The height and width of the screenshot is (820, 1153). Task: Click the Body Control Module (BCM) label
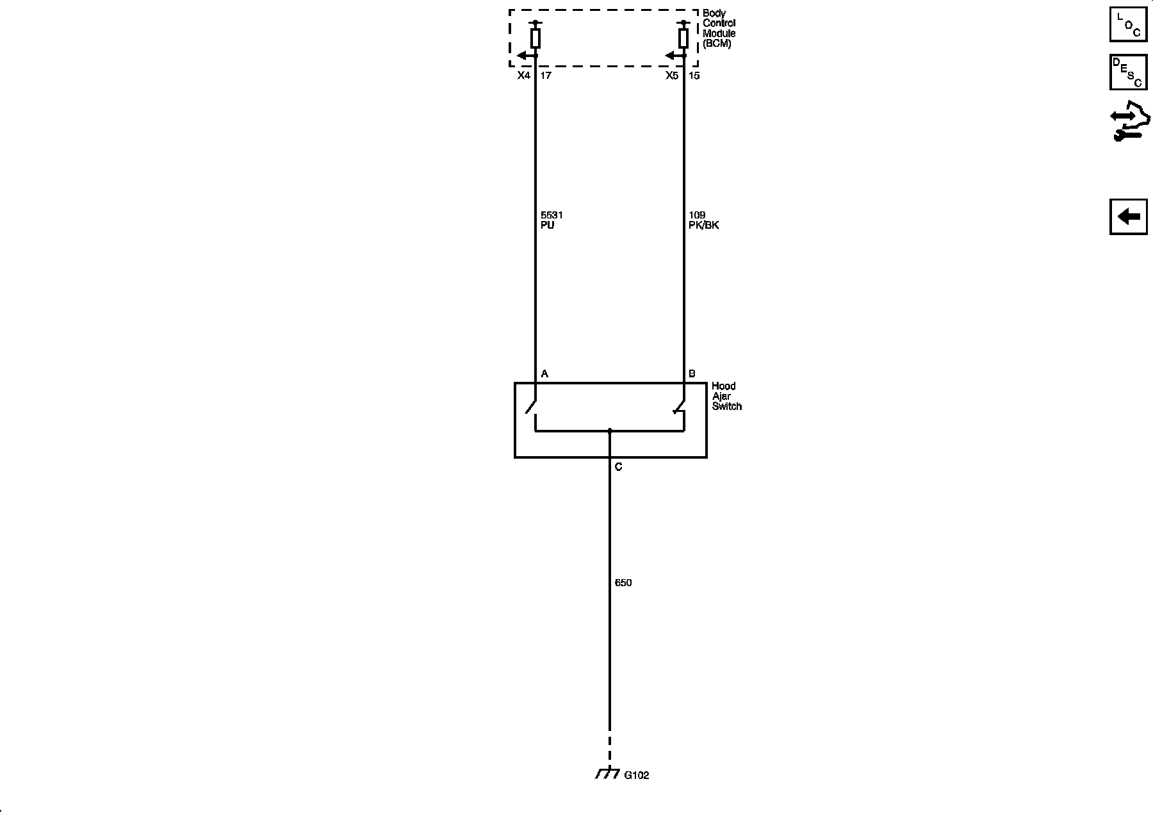(719, 29)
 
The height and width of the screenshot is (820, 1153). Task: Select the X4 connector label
(524, 76)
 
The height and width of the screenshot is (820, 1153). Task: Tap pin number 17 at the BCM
(546, 76)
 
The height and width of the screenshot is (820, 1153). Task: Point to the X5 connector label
(671, 76)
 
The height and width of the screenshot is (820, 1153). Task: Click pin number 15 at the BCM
(694, 76)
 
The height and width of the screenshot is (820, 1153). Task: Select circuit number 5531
(552, 215)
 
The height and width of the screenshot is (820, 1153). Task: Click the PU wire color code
(547, 225)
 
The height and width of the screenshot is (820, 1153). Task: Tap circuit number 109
(697, 215)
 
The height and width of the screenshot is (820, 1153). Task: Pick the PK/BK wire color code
(703, 225)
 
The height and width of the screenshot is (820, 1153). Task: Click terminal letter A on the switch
(544, 373)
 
